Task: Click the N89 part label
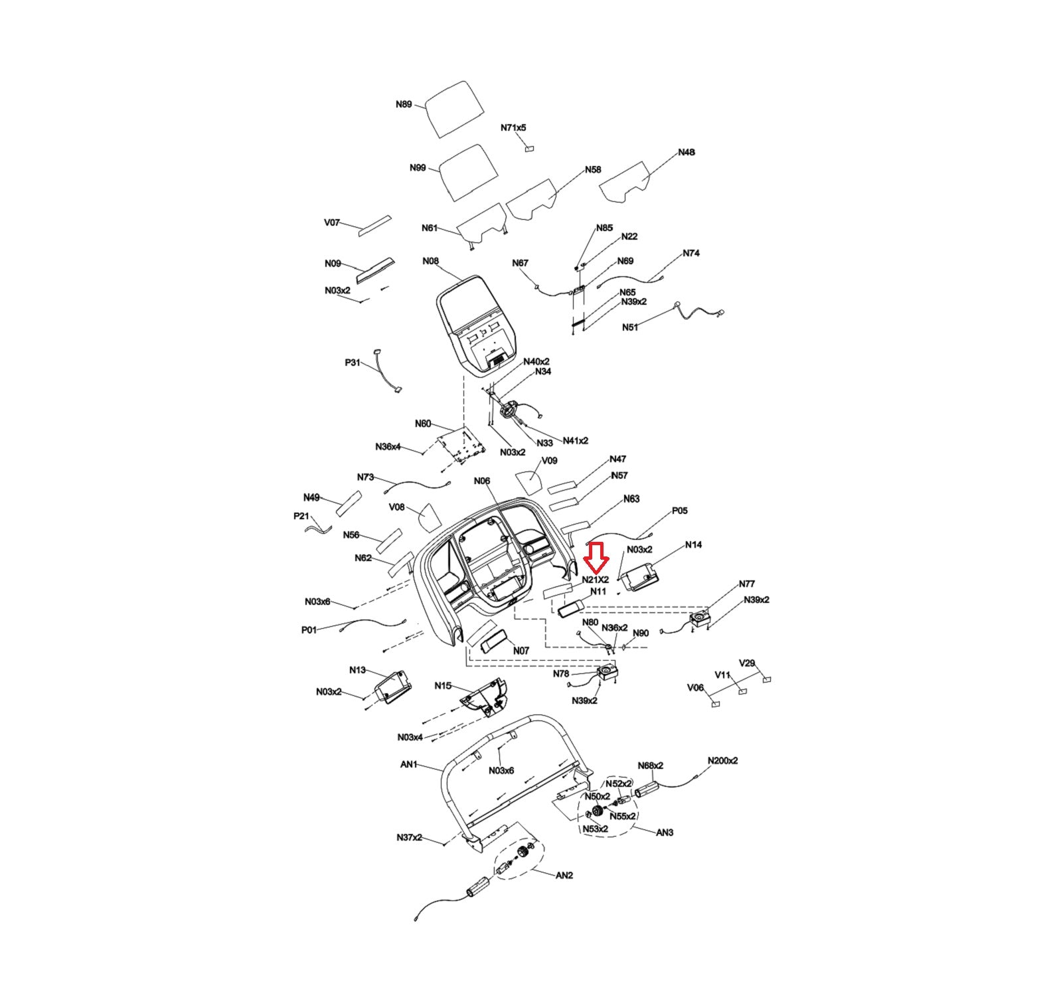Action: pos(404,104)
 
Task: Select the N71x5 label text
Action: pos(513,127)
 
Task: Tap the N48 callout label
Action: pos(687,152)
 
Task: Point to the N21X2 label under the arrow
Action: pos(596,580)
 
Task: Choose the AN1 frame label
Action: pos(409,764)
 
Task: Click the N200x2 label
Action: pos(722,760)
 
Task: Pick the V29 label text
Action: pos(747,663)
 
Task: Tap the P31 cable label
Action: pos(353,363)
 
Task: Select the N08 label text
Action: pos(431,261)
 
